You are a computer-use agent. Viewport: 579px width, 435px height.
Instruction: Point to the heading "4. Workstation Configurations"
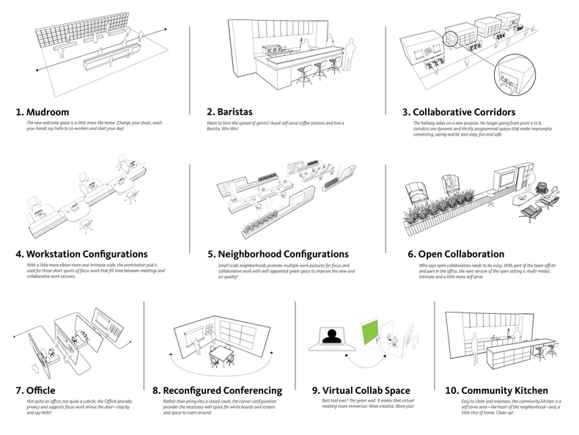tap(82, 254)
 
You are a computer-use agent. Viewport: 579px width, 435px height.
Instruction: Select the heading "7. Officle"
tap(35, 390)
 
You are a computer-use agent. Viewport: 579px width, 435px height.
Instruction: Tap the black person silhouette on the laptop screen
tap(333, 337)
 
